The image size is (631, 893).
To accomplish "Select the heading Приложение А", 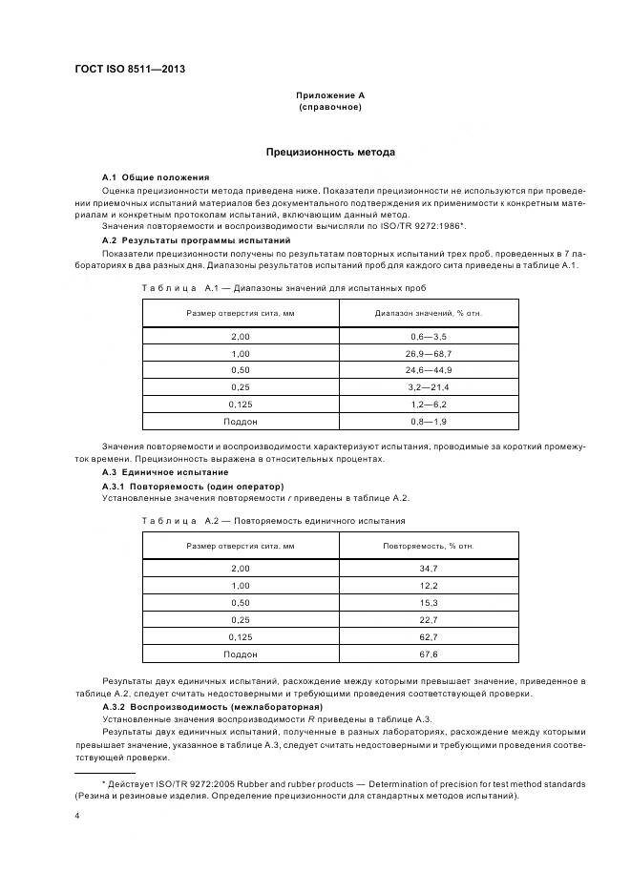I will point(330,95).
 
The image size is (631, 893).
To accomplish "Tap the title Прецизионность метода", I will point(330,152).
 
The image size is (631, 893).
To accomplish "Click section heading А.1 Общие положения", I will point(156,177).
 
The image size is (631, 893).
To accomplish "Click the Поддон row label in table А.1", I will point(241,420).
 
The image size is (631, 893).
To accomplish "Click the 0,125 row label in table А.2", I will point(241,636).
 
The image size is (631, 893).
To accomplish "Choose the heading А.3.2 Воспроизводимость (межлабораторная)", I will point(212,706).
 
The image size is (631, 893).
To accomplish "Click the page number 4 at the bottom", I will point(76,817).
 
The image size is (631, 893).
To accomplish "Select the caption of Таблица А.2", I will point(273,521).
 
